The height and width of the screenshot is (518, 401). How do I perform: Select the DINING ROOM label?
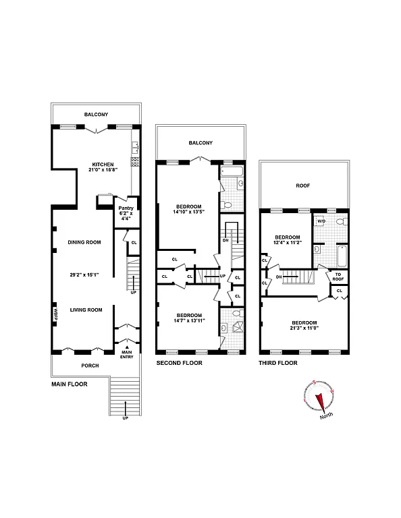coord(84,242)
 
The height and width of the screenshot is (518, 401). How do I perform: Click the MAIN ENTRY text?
coord(126,354)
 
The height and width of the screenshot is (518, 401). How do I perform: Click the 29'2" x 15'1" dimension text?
coord(84,275)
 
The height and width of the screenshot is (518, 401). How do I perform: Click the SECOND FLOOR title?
coord(179,363)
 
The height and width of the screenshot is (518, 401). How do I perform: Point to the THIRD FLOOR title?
coord(277,363)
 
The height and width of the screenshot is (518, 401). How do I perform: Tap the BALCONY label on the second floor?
coord(200,143)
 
